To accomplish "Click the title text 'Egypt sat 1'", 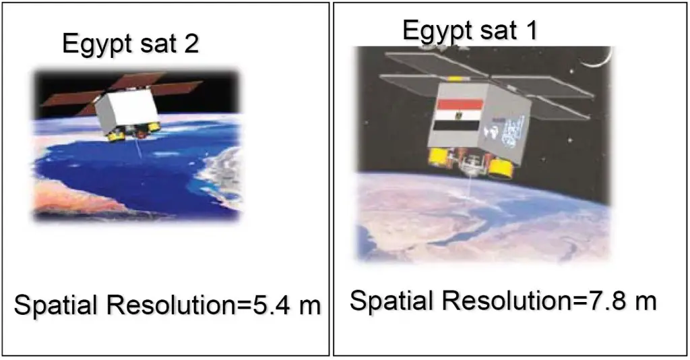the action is (x=470, y=31).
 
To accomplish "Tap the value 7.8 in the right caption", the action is (x=604, y=301).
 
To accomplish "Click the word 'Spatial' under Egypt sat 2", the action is (x=55, y=305).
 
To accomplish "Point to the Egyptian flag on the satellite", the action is (x=458, y=115).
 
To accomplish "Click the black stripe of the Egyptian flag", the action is (x=456, y=125).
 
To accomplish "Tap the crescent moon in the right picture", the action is (x=598, y=59).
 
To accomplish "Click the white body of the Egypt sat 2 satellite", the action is (x=127, y=109).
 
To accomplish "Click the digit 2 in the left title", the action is (x=191, y=44).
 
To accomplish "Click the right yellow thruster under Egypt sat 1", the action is (x=501, y=169).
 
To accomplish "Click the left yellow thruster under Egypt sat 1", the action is (x=437, y=156).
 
